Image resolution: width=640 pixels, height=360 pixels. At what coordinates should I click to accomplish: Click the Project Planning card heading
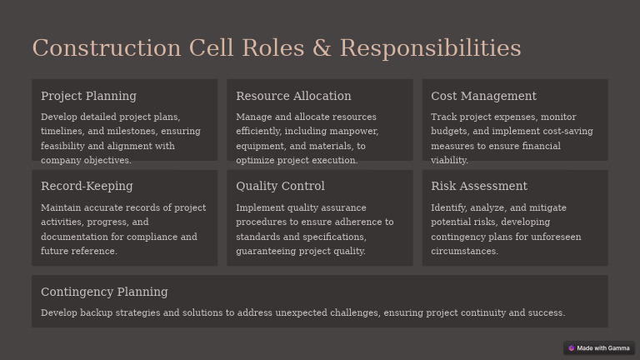88,96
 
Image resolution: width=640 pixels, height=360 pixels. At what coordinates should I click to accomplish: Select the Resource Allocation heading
293,96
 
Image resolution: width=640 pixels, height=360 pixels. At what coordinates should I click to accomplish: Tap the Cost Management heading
483,96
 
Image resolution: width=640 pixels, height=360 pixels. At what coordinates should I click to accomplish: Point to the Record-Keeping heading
87,186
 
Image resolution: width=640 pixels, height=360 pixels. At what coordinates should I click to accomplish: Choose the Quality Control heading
280,186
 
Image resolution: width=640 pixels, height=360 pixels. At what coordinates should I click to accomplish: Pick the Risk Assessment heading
479,186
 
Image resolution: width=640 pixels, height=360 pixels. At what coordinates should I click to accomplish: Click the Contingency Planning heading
104,292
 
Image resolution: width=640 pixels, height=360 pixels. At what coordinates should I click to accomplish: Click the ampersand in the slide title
322,48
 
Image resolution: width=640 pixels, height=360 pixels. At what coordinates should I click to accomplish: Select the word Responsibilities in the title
430,48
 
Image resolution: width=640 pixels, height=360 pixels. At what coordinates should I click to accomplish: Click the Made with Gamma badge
598,348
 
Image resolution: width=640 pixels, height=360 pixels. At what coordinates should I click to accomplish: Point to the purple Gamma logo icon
572,348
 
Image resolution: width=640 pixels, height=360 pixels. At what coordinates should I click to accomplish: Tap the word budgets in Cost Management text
448,132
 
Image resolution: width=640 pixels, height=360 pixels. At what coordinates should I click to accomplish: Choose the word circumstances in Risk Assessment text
464,251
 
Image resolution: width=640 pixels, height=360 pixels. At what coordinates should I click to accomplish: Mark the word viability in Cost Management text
449,160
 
